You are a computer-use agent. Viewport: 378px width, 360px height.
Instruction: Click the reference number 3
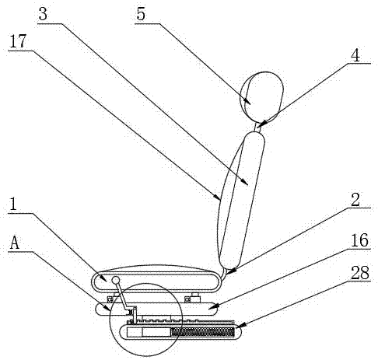pyautogui.click(x=43, y=14)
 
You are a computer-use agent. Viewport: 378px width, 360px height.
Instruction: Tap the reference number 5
pyautogui.click(x=141, y=14)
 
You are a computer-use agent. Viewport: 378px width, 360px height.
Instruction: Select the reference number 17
pyautogui.click(x=18, y=41)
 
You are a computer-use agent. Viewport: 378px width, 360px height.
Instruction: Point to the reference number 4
pyautogui.click(x=355, y=55)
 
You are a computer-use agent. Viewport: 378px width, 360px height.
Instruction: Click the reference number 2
pyautogui.click(x=355, y=200)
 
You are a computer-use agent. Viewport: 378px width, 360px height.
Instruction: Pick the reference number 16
pyautogui.click(x=359, y=240)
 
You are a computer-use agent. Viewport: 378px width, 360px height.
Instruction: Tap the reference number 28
pyautogui.click(x=360, y=272)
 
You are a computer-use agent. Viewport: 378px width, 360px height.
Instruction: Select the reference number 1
pyautogui.click(x=13, y=204)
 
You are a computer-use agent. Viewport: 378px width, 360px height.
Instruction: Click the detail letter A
pyautogui.click(x=15, y=243)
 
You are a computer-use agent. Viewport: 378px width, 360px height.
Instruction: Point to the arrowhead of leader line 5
pyautogui.click(x=247, y=102)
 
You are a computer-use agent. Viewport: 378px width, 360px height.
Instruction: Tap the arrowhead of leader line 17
pyautogui.click(x=218, y=197)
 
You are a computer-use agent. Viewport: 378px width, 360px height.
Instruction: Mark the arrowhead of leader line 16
pyautogui.click(x=212, y=307)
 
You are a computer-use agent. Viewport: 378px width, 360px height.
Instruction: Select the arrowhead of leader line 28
pyautogui.click(x=240, y=325)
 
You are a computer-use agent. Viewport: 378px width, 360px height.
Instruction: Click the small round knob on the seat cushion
pyautogui.click(x=116, y=280)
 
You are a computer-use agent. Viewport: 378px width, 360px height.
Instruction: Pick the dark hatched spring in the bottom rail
pyautogui.click(x=203, y=332)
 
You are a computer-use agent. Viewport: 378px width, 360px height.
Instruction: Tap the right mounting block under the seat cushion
pyautogui.click(x=193, y=298)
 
